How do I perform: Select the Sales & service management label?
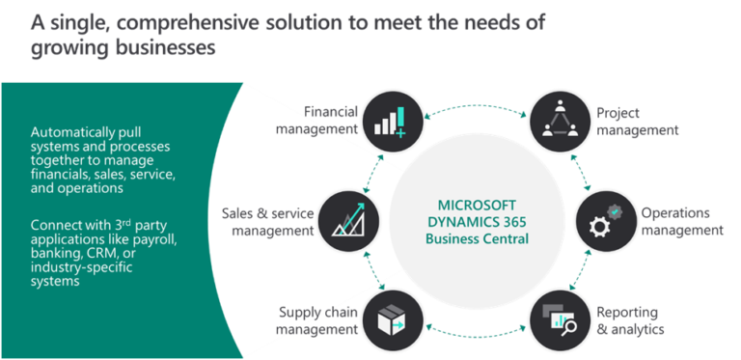265,220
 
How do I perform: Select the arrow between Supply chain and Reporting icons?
474,331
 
